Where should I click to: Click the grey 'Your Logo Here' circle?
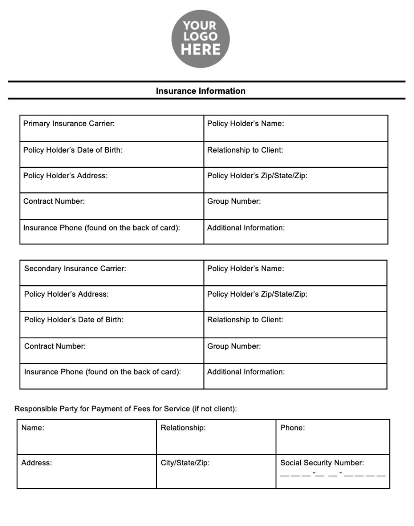coord(200,39)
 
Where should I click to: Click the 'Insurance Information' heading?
coord(200,91)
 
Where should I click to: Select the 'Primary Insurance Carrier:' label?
coord(69,124)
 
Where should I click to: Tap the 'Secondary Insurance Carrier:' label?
coord(75,269)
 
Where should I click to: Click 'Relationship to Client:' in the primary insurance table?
coord(245,150)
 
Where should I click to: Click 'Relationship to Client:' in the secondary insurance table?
coord(245,320)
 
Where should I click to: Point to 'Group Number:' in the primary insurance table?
coord(234,201)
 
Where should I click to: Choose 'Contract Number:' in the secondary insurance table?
coord(55,346)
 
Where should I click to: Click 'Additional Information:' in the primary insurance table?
coord(246,228)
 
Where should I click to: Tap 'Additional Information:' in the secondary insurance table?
coord(246,372)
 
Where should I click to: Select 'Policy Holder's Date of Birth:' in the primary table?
coord(73,150)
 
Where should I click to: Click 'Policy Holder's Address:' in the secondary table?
coord(66,294)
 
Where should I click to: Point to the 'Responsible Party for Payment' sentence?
coord(126,409)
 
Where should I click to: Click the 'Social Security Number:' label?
coord(322,463)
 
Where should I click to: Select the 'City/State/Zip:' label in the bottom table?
coord(185,463)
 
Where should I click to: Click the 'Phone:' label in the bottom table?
coord(292,428)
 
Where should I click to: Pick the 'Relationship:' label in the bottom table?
coord(183,428)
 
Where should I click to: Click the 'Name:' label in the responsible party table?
coord(33,428)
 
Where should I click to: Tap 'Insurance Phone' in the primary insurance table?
coord(53,228)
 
